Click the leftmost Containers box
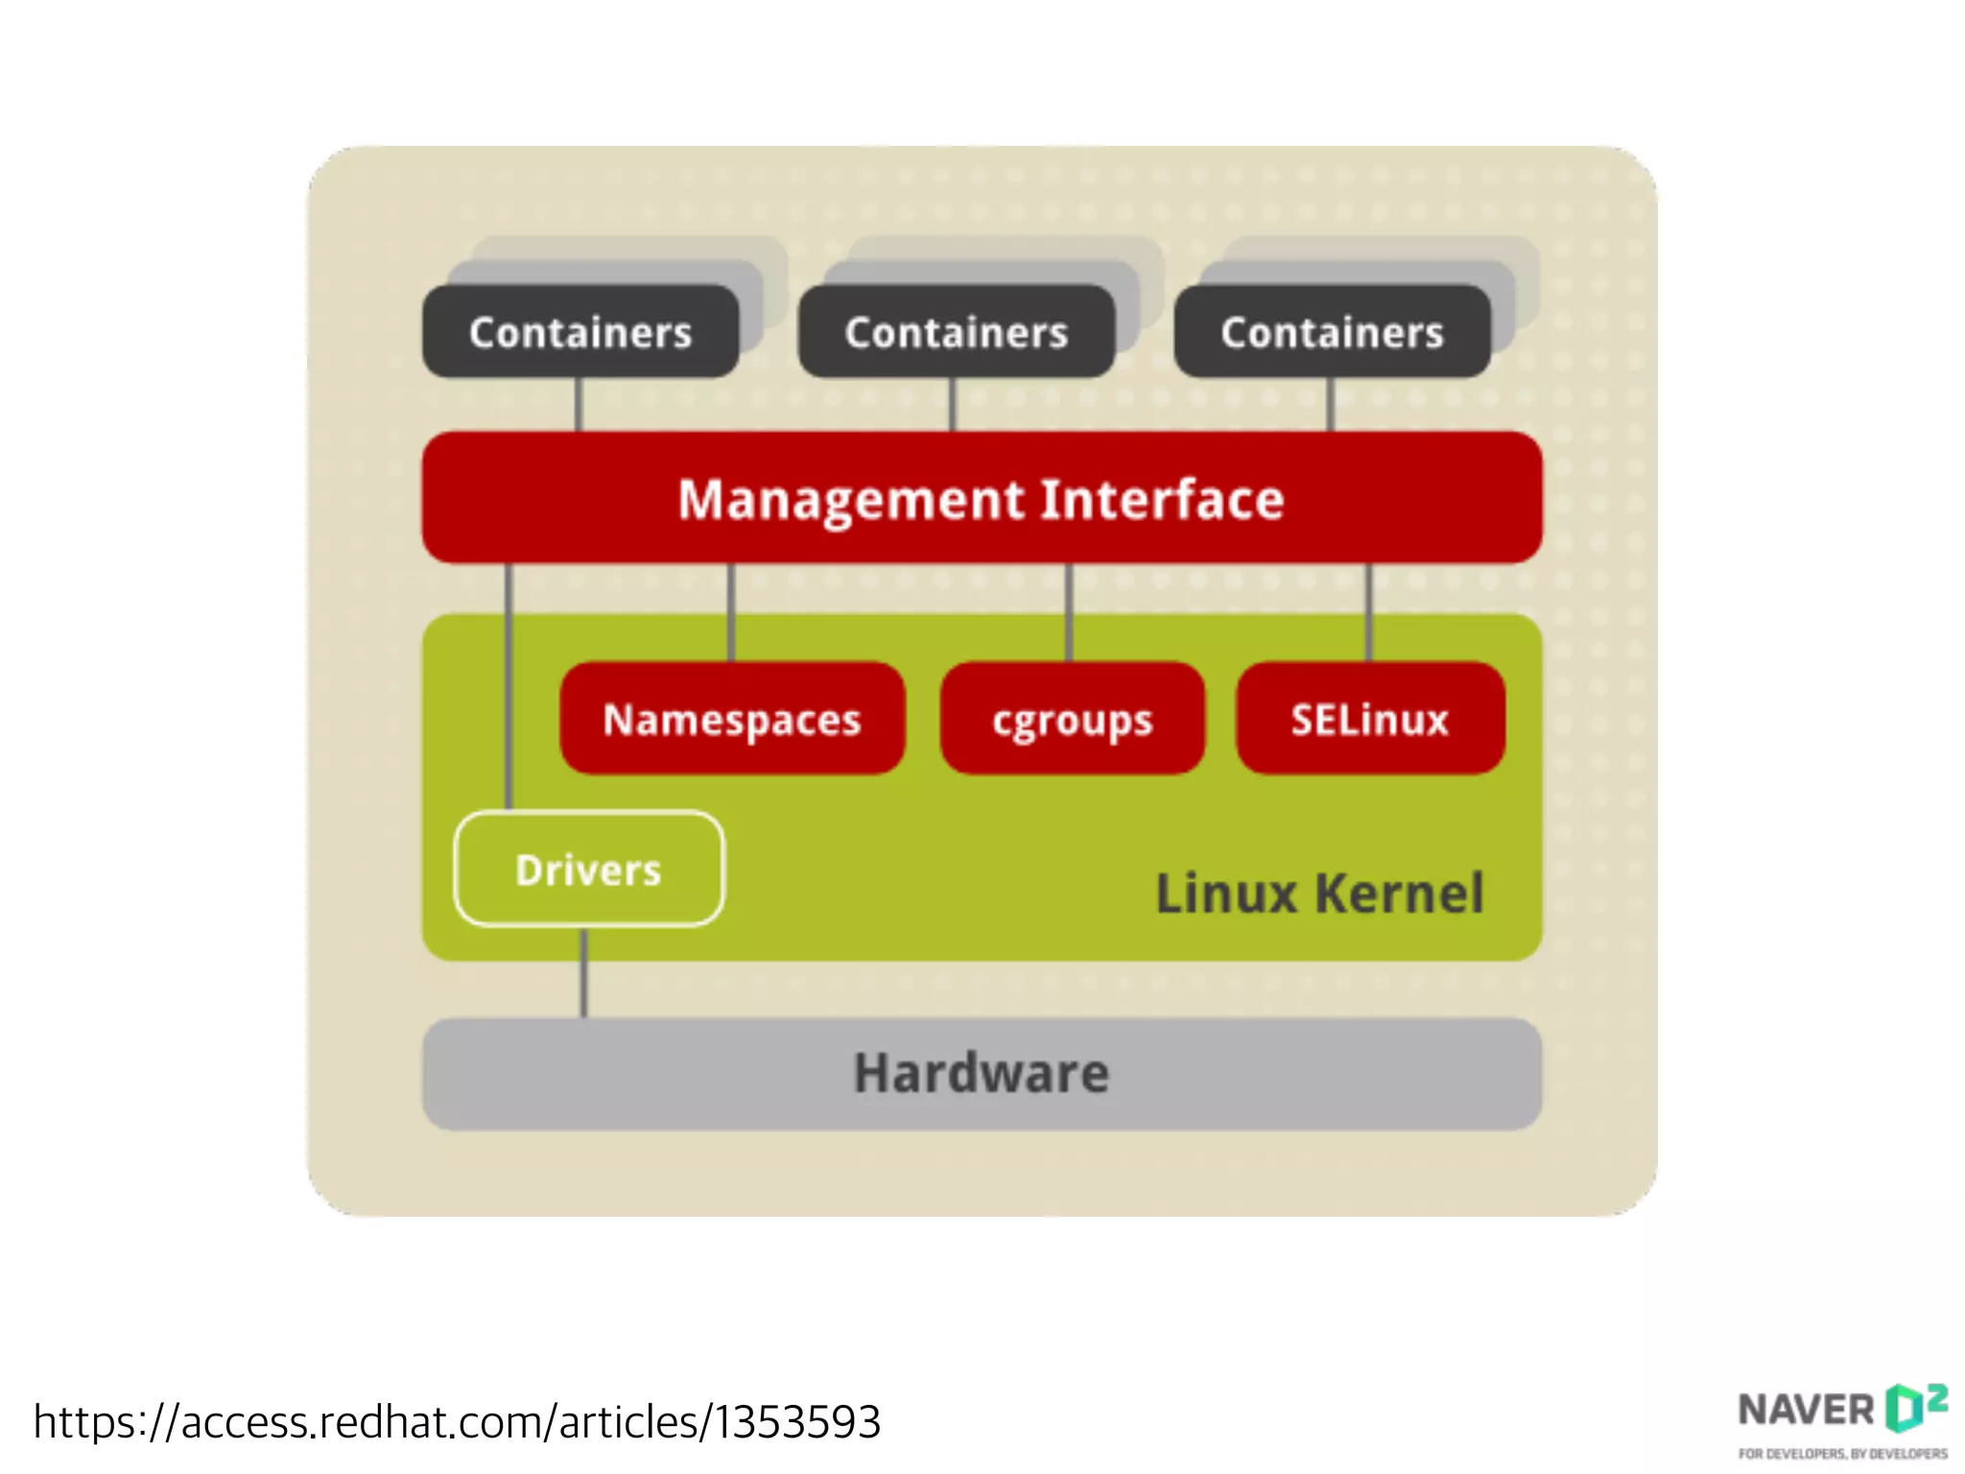pyautogui.click(x=580, y=332)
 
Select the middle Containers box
pyautogui.click(x=957, y=332)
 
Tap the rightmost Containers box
pyautogui.click(x=1332, y=332)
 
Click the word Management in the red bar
pyautogui.click(x=851, y=500)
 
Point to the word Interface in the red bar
pyautogui.click(x=1162, y=500)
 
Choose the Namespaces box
pyautogui.click(x=732, y=719)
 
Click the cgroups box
pyautogui.click(x=1072, y=719)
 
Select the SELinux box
pyautogui.click(x=1370, y=719)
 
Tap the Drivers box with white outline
pyautogui.click(x=589, y=869)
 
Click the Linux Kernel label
pyautogui.click(x=1319, y=893)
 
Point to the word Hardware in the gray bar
pyautogui.click(x=982, y=1073)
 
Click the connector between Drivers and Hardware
pyautogui.click(x=583, y=973)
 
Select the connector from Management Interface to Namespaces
pyautogui.click(x=731, y=611)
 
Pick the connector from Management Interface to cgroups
pyautogui.click(x=1069, y=611)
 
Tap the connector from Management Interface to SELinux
pyautogui.click(x=1369, y=611)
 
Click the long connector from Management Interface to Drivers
pyautogui.click(x=509, y=686)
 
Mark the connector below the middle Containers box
pyautogui.click(x=952, y=404)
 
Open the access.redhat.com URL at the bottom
pyautogui.click(x=457, y=1421)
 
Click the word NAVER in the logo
pyautogui.click(x=1806, y=1411)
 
